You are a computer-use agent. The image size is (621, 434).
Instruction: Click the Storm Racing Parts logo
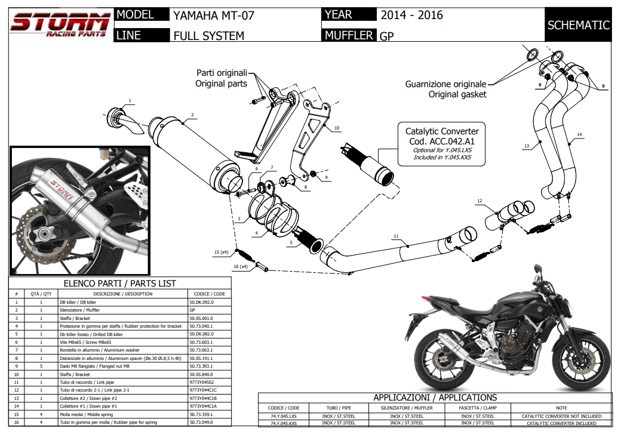tap(59, 24)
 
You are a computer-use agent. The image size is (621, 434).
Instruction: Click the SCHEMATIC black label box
tap(578, 24)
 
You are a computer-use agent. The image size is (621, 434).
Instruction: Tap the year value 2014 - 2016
tap(411, 15)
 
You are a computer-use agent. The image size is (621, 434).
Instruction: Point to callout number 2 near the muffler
tap(192, 114)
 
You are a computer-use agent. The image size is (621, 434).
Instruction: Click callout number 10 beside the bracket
tap(337, 128)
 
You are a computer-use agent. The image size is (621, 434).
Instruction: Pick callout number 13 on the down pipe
tap(526, 146)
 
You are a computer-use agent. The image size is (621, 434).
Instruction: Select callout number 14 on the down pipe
tap(579, 135)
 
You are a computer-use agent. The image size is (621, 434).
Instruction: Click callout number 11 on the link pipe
tap(395, 236)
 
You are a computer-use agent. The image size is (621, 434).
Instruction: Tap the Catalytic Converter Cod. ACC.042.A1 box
tap(442, 143)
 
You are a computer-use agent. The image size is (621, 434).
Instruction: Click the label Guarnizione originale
tap(445, 84)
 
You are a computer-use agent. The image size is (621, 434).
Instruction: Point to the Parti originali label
tap(222, 73)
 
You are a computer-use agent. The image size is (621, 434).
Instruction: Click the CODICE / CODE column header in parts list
tap(210, 294)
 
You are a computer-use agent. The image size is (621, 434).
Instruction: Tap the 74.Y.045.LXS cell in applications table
tap(284, 416)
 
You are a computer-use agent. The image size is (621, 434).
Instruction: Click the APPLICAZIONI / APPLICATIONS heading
tap(435, 397)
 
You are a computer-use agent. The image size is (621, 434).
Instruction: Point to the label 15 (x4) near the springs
tap(221, 253)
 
